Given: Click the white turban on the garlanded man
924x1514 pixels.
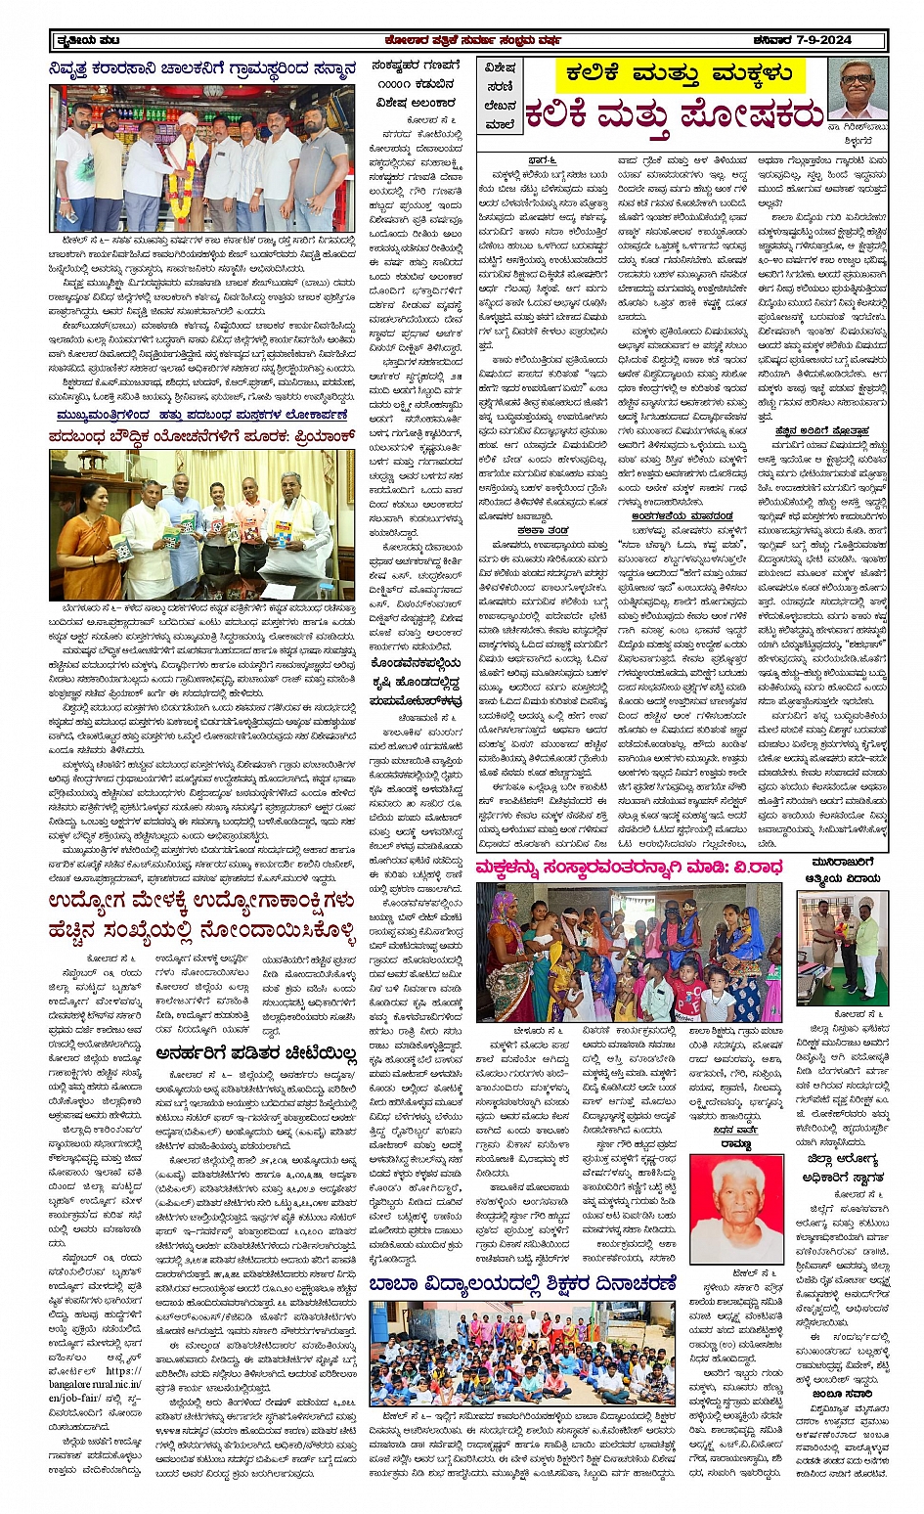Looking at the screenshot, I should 188,119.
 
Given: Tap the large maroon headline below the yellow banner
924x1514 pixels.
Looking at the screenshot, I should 675,114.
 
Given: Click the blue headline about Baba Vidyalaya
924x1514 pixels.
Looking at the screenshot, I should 522,1283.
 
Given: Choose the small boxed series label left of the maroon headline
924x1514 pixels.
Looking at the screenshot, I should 499,94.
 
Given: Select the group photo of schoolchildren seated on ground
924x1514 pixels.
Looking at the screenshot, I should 521,1353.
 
